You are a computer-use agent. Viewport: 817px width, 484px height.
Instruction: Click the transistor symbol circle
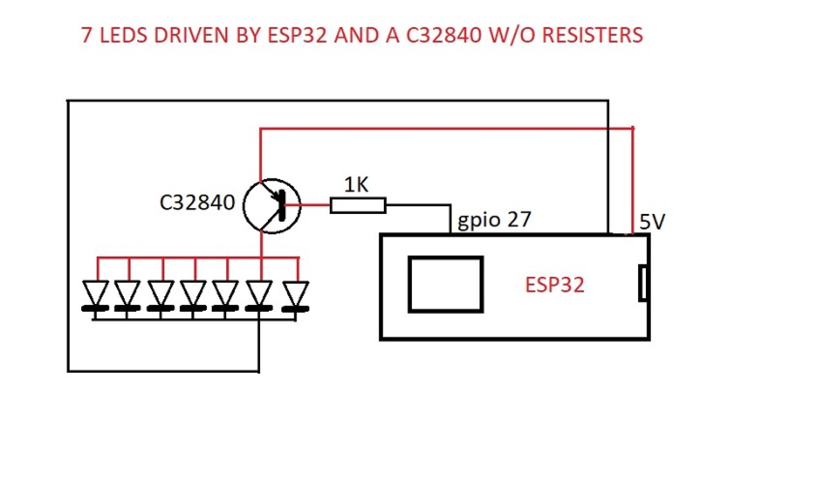tap(272, 206)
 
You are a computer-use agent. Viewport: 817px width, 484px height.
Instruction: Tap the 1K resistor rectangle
tap(358, 205)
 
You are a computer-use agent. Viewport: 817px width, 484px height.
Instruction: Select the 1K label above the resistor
tap(356, 185)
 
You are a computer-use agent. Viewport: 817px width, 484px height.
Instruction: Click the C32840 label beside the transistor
tap(197, 203)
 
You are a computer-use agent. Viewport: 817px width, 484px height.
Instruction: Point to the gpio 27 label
tap(494, 220)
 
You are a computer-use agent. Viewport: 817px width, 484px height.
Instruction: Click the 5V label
tap(652, 222)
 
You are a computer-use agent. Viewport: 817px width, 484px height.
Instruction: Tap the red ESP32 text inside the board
tap(554, 285)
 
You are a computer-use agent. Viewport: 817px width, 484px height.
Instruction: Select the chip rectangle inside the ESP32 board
tap(446, 284)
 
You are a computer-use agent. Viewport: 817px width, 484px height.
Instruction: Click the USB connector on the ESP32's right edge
tap(643, 283)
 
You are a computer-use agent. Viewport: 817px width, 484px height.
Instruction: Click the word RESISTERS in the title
tap(592, 35)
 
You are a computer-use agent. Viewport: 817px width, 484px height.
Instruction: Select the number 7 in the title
tap(86, 35)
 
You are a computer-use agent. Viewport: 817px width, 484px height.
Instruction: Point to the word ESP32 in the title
tap(297, 35)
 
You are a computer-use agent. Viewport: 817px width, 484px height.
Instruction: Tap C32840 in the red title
tap(444, 35)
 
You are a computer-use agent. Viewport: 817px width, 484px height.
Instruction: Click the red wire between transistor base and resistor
tap(308, 205)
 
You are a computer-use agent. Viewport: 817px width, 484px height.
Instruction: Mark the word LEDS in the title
tap(123, 35)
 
